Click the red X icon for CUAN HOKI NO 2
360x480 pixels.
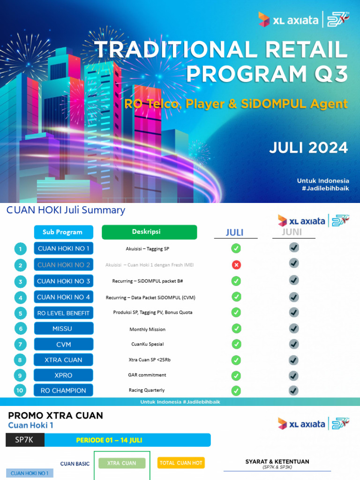click(x=236, y=265)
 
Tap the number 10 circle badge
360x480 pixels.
click(x=20, y=390)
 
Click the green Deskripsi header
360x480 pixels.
click(x=149, y=232)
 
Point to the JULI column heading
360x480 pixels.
click(x=235, y=232)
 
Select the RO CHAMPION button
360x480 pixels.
click(x=63, y=390)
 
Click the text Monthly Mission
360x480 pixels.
click(x=147, y=330)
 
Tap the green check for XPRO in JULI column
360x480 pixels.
click(x=236, y=375)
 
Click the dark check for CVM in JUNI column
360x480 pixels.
click(x=294, y=344)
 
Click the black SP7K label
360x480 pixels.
click(x=25, y=440)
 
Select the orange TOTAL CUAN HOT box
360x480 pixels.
click(x=181, y=463)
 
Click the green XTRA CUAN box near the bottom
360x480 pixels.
click(x=122, y=463)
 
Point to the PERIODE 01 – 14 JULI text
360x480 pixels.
click(x=109, y=440)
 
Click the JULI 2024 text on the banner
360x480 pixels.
click(x=308, y=148)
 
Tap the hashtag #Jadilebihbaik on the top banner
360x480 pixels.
click(x=323, y=188)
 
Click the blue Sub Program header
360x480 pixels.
click(x=63, y=232)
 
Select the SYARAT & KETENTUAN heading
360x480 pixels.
click(x=277, y=462)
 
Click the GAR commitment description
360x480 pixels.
click(x=147, y=375)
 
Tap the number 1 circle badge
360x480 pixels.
click(x=20, y=248)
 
